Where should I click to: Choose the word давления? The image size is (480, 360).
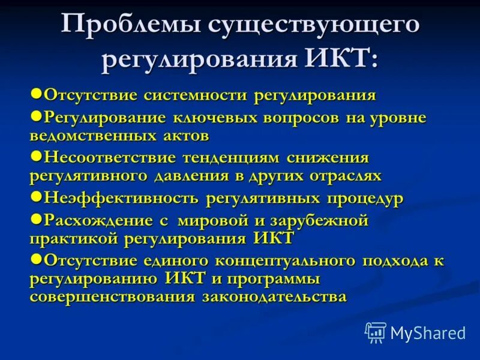tap(199, 176)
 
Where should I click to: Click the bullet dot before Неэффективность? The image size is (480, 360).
tap(35, 196)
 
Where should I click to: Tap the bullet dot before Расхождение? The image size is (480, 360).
tap(35, 218)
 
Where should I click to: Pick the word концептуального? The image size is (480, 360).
tap(291, 260)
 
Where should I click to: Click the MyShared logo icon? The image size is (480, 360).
tap(376, 332)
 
